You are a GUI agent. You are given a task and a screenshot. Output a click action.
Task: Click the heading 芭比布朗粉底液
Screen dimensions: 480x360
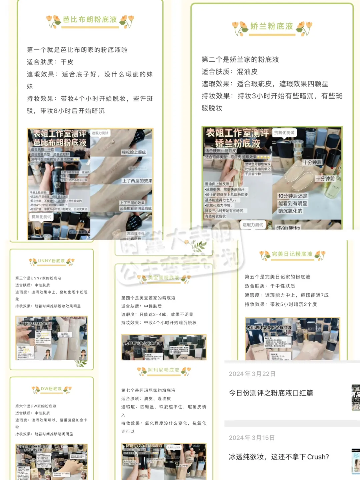click(x=90, y=20)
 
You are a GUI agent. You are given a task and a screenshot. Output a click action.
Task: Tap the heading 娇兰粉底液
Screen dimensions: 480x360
click(x=271, y=26)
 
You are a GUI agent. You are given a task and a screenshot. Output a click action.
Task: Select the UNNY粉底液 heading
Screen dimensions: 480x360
click(x=51, y=261)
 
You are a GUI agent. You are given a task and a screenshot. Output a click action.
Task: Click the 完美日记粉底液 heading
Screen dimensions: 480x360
click(x=292, y=254)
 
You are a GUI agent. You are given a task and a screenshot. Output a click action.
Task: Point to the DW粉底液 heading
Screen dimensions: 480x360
click(x=51, y=389)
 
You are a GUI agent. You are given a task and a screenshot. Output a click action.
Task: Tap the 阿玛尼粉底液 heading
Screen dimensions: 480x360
click(x=164, y=370)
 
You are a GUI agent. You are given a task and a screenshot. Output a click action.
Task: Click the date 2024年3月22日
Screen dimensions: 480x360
click(x=252, y=374)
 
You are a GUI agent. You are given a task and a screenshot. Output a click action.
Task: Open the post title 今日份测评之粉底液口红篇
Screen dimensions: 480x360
click(x=271, y=393)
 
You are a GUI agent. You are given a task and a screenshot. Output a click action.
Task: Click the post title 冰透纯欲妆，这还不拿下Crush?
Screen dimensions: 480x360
click(x=279, y=457)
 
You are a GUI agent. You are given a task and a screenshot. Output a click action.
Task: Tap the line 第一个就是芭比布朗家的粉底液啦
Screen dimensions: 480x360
click(x=77, y=50)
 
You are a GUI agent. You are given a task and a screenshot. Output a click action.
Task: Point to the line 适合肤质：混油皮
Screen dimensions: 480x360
click(x=229, y=72)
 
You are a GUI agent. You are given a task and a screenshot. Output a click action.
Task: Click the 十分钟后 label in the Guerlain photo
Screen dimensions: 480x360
click(x=312, y=162)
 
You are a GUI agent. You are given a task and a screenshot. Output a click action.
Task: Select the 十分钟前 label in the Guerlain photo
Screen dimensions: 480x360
click(x=325, y=179)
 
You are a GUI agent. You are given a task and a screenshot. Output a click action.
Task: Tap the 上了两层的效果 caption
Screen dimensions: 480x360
click(x=137, y=181)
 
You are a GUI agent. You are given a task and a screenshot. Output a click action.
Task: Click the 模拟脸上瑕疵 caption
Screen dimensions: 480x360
click(x=134, y=152)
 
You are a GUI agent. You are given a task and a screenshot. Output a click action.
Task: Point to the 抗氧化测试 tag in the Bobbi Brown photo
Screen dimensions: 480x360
click(x=41, y=217)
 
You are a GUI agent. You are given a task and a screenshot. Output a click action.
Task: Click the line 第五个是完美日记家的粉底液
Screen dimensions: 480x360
click(x=277, y=277)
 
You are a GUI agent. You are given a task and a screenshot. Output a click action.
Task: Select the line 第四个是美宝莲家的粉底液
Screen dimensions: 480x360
click(x=148, y=298)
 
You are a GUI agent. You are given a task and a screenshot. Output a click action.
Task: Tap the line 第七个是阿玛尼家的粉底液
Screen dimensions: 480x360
click(x=148, y=390)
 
